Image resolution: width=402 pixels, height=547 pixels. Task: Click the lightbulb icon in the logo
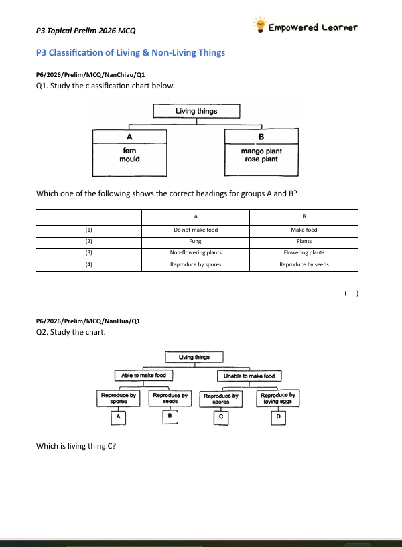(x=260, y=25)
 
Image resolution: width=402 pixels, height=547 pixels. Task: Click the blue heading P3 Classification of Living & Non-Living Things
(x=131, y=53)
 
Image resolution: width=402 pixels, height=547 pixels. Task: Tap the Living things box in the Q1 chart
(x=196, y=111)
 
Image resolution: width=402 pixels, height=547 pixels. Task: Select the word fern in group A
(x=129, y=151)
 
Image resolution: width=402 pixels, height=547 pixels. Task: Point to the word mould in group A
(x=129, y=159)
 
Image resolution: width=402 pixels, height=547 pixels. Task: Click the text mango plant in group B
(x=261, y=151)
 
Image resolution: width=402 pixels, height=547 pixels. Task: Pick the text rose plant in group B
(x=261, y=159)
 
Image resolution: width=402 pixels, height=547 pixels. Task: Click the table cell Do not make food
(x=196, y=230)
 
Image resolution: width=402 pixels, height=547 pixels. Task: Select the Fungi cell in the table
(x=196, y=241)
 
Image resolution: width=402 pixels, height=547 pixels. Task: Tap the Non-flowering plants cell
(x=196, y=252)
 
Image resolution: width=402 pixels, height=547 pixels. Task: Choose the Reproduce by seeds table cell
(x=304, y=264)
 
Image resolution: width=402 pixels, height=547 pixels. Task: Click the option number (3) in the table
(x=89, y=252)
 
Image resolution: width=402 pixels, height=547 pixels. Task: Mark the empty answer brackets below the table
(x=351, y=293)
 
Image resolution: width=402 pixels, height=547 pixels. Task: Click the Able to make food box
(x=143, y=376)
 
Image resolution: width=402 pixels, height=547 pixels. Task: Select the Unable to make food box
(x=249, y=376)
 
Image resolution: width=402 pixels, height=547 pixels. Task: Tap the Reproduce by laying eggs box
(x=278, y=398)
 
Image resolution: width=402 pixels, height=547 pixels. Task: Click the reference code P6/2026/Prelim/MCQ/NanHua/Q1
(x=88, y=321)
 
